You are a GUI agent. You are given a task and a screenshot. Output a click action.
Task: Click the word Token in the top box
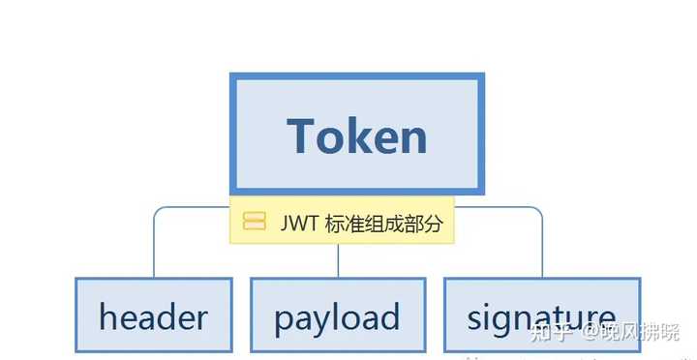tap(356, 135)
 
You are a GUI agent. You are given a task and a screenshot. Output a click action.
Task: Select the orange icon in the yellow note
tap(255, 223)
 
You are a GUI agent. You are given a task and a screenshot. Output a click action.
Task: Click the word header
tap(153, 317)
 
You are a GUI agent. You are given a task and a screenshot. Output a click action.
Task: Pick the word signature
tap(541, 317)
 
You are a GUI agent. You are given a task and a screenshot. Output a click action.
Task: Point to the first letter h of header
tap(106, 316)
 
